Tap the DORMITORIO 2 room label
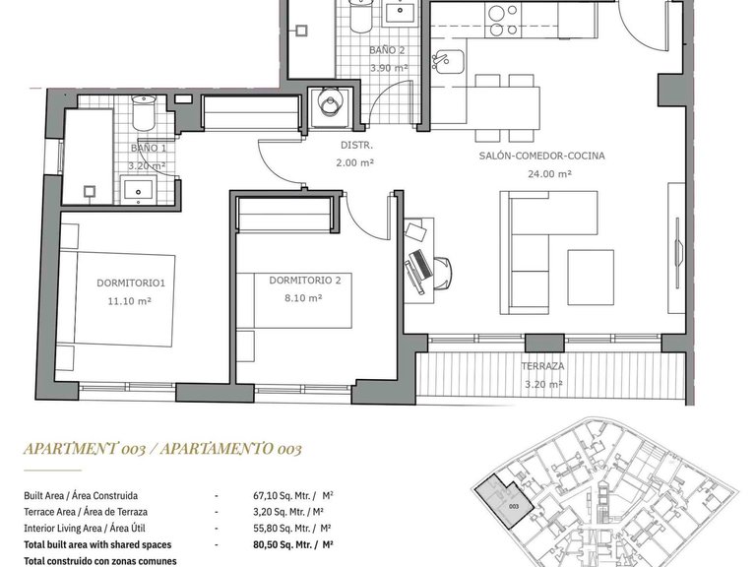(x=304, y=281)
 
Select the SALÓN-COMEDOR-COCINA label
(x=541, y=156)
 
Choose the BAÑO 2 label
(x=387, y=49)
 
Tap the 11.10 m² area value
(x=130, y=302)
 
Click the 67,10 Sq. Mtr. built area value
(x=286, y=495)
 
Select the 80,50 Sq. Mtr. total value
(x=286, y=544)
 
